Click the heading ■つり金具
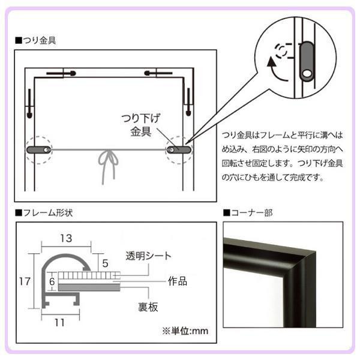pos(35,40)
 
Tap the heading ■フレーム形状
pos(44,213)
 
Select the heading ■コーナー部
pos(248,212)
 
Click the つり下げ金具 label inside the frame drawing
pos(140,125)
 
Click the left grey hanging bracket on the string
pos(38,150)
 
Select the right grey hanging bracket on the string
pos(179,150)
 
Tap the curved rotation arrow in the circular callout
pos(275,70)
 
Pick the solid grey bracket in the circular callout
pos(307,61)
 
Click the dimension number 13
pos(66,238)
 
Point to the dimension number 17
pos(25,281)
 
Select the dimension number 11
pos(59,323)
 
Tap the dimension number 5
pos(106,263)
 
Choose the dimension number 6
pos(52,281)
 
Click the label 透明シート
pos(149,256)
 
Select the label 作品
pos(178,281)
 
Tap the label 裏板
pos(148,307)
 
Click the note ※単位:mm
pos(185,331)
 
